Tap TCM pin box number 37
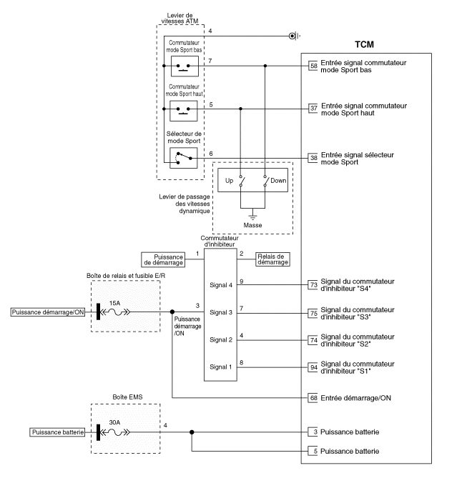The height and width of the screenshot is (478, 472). (313, 109)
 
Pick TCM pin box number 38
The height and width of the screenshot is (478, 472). (313, 157)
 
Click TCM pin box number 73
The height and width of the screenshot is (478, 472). (313, 284)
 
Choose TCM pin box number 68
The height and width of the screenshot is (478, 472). (313, 397)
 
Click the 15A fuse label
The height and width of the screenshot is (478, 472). (114, 302)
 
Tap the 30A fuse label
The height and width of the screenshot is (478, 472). (114, 422)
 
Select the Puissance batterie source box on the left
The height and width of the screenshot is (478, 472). (58, 432)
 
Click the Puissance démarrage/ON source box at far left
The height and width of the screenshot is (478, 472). (45, 312)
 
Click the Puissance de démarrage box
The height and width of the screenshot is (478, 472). (162, 260)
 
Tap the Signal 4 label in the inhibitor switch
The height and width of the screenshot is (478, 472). (221, 285)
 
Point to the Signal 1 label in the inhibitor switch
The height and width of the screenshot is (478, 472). (221, 367)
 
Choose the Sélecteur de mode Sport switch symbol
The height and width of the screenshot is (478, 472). (183, 157)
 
